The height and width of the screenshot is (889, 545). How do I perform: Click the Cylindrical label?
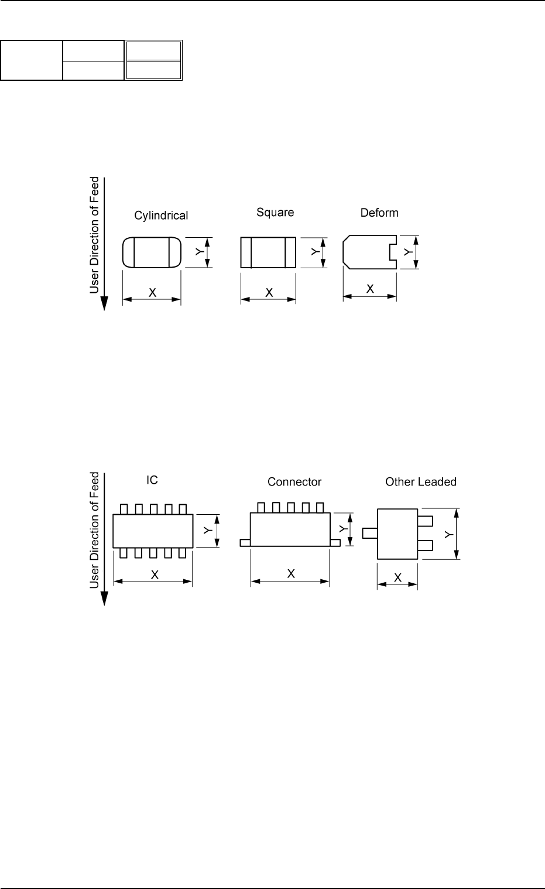[161, 216]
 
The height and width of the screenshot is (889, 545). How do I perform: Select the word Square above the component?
[275, 212]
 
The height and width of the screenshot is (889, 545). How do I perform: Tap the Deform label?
[379, 213]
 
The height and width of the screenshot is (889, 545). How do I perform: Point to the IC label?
[152, 480]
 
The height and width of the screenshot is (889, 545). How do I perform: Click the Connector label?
[294, 482]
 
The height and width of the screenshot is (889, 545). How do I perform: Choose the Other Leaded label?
[420, 482]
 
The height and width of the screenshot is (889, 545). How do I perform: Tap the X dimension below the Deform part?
[370, 289]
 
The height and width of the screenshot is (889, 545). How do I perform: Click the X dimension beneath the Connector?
[290, 575]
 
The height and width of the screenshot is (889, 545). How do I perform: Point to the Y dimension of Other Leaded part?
[448, 534]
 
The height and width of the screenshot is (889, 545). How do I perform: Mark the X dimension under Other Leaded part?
[397, 577]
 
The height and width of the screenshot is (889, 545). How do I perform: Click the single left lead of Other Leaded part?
[369, 533]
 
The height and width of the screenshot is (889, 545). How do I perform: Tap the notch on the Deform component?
[393, 251]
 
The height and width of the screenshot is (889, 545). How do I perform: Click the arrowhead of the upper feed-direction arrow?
[104, 303]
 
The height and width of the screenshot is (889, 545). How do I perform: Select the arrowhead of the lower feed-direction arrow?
[104, 599]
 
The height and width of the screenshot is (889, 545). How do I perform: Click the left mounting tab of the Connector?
[245, 543]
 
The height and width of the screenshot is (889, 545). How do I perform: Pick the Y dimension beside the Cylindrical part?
[200, 252]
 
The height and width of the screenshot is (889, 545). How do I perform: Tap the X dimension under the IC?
[155, 575]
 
